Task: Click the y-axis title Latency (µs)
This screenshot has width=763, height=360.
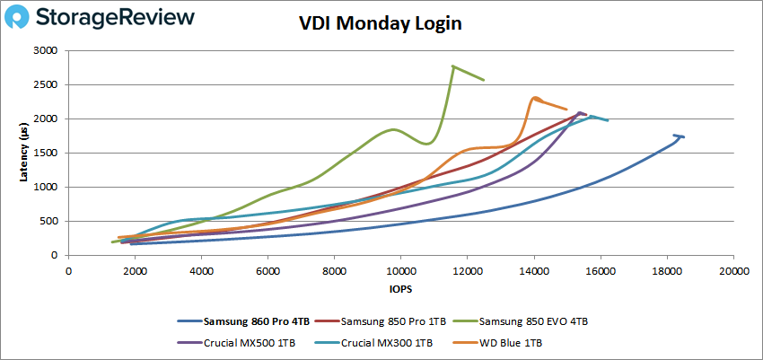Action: [24, 153]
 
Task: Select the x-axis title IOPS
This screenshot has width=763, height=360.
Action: [401, 290]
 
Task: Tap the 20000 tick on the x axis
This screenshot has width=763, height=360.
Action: [733, 270]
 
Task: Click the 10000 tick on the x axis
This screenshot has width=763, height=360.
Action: [401, 270]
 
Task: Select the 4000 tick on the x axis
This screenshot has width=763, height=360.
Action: [202, 270]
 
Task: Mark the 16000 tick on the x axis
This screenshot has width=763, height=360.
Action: [601, 270]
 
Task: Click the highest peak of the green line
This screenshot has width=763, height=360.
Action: [453, 66]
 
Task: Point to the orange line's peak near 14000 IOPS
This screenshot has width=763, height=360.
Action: [535, 98]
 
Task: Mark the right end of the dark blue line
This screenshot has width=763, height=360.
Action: [683, 136]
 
